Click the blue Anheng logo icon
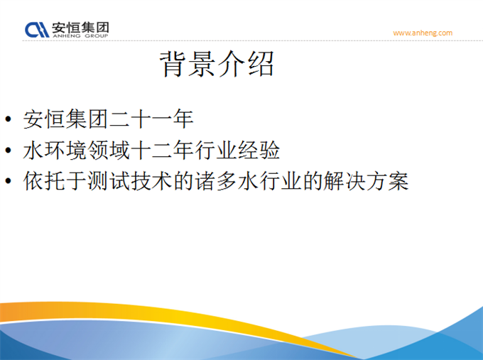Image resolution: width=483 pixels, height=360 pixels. pyautogui.click(x=37, y=30)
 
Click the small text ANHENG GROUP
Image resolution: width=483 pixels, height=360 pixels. pyautogui.click(x=80, y=36)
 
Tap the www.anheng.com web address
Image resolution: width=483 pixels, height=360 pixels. pyautogui.click(x=423, y=33)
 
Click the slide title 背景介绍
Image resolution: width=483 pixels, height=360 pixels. pyautogui.click(x=217, y=64)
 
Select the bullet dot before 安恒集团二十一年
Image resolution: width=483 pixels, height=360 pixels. pyautogui.click(x=9, y=119)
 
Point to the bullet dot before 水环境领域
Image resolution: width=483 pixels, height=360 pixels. pyautogui.click(x=9, y=151)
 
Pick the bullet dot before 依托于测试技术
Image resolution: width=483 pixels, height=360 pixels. pyautogui.click(x=9, y=181)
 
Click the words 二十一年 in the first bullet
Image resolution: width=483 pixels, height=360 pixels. pyautogui.click(x=151, y=119)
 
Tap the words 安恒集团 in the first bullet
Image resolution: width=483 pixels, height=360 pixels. pyautogui.click(x=65, y=119)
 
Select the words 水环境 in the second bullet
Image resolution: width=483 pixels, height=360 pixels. pyautogui.click(x=55, y=151)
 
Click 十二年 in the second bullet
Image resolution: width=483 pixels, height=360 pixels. pyautogui.click(x=162, y=151)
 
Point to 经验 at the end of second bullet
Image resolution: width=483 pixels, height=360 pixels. pyautogui.click(x=258, y=151)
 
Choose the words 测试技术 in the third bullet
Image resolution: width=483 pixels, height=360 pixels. pyautogui.click(x=130, y=181)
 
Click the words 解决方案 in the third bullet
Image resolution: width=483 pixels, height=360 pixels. pyautogui.click(x=366, y=181)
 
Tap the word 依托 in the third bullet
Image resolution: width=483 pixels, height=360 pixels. pyautogui.click(x=44, y=181)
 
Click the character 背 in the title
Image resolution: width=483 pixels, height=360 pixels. pyautogui.click(x=173, y=64)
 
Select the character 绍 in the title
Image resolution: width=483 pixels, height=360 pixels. pyautogui.click(x=261, y=64)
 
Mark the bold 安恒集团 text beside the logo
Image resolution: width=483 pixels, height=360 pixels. pyautogui.click(x=80, y=28)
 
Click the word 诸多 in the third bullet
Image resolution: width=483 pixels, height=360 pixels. pyautogui.click(x=215, y=181)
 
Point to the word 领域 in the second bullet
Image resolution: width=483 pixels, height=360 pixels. pyautogui.click(x=109, y=151)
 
